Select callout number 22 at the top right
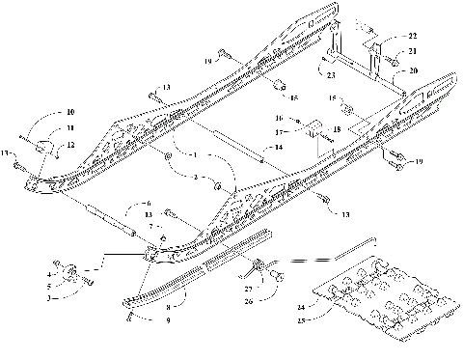point(413,36)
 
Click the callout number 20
point(413,70)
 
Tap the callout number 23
point(331,74)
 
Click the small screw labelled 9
point(128,315)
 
